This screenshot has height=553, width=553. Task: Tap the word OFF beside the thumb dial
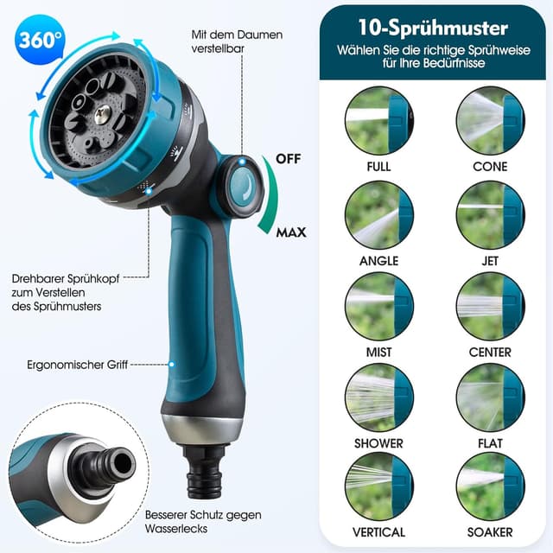click(x=289, y=159)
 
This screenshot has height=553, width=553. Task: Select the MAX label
click(x=292, y=232)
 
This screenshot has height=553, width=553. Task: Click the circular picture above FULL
click(x=378, y=120)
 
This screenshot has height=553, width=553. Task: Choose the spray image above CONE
click(x=490, y=120)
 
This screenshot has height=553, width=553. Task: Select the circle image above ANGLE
click(x=378, y=214)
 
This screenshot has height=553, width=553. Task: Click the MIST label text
click(x=378, y=352)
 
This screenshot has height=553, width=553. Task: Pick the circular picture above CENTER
click(x=490, y=307)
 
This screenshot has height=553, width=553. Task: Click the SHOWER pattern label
click(x=378, y=443)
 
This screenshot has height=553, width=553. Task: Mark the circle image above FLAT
click(x=490, y=397)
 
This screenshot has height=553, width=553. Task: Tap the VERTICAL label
click(x=378, y=532)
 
